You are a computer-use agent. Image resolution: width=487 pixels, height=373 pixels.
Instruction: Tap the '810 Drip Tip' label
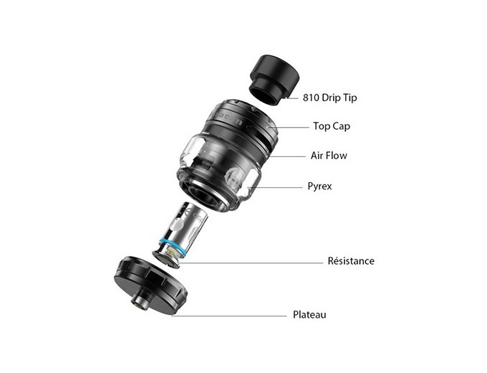[x=330, y=98]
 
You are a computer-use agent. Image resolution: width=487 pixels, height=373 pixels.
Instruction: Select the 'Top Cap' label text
[x=332, y=126]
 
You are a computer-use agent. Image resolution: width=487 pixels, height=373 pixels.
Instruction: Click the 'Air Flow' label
[x=329, y=155]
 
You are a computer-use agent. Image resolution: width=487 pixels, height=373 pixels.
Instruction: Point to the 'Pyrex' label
[x=319, y=186]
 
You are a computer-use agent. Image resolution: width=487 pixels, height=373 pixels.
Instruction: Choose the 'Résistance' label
[x=351, y=260]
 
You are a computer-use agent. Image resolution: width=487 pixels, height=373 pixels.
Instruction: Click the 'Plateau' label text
[x=309, y=314]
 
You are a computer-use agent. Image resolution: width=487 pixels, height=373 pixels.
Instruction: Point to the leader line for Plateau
[x=229, y=316]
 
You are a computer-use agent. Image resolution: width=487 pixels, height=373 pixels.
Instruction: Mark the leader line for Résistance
[x=251, y=263]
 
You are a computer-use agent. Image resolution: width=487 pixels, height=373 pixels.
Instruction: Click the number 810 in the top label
[x=311, y=98]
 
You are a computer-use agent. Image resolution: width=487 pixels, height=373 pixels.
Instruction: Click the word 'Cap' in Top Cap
[x=341, y=126]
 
